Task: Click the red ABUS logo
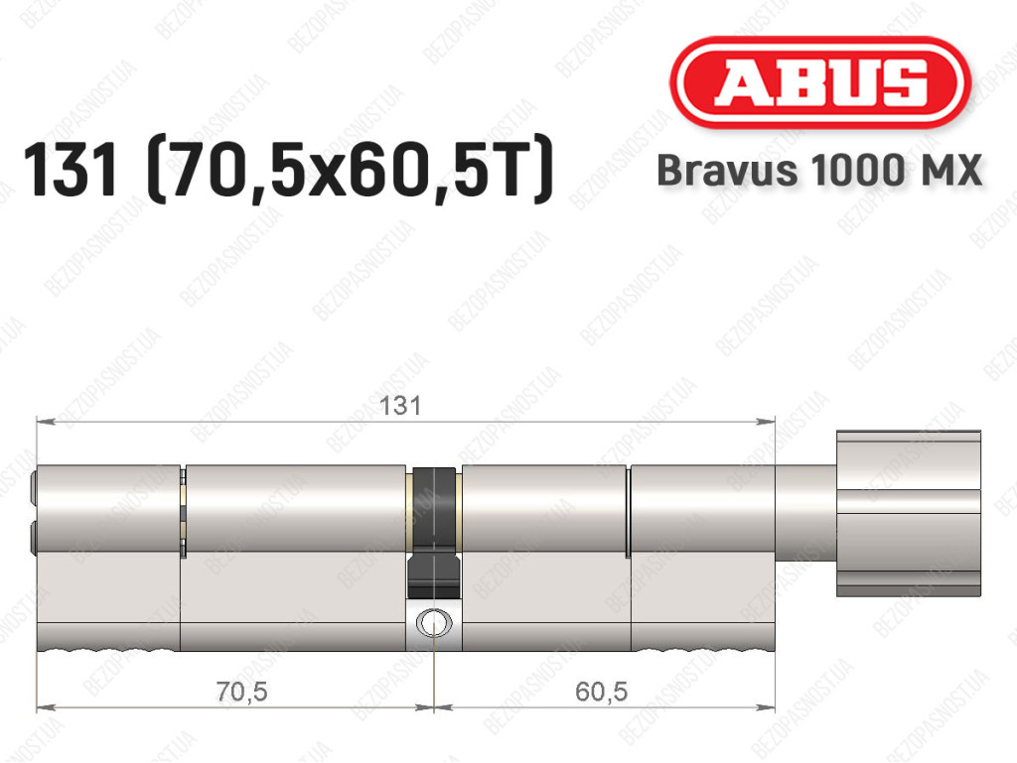[820, 82]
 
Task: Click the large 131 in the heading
[71, 171]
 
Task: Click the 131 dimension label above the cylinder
[400, 406]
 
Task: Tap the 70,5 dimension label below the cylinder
[242, 693]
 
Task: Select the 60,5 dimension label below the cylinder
[601, 693]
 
